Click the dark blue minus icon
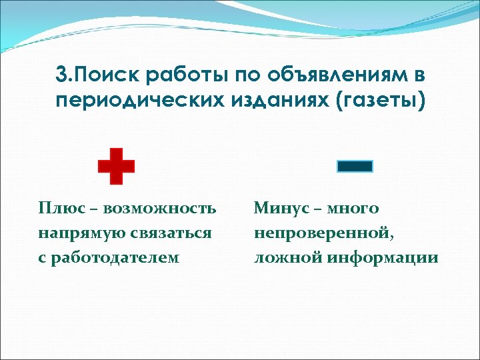(x=355, y=167)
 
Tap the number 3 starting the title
(x=61, y=75)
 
